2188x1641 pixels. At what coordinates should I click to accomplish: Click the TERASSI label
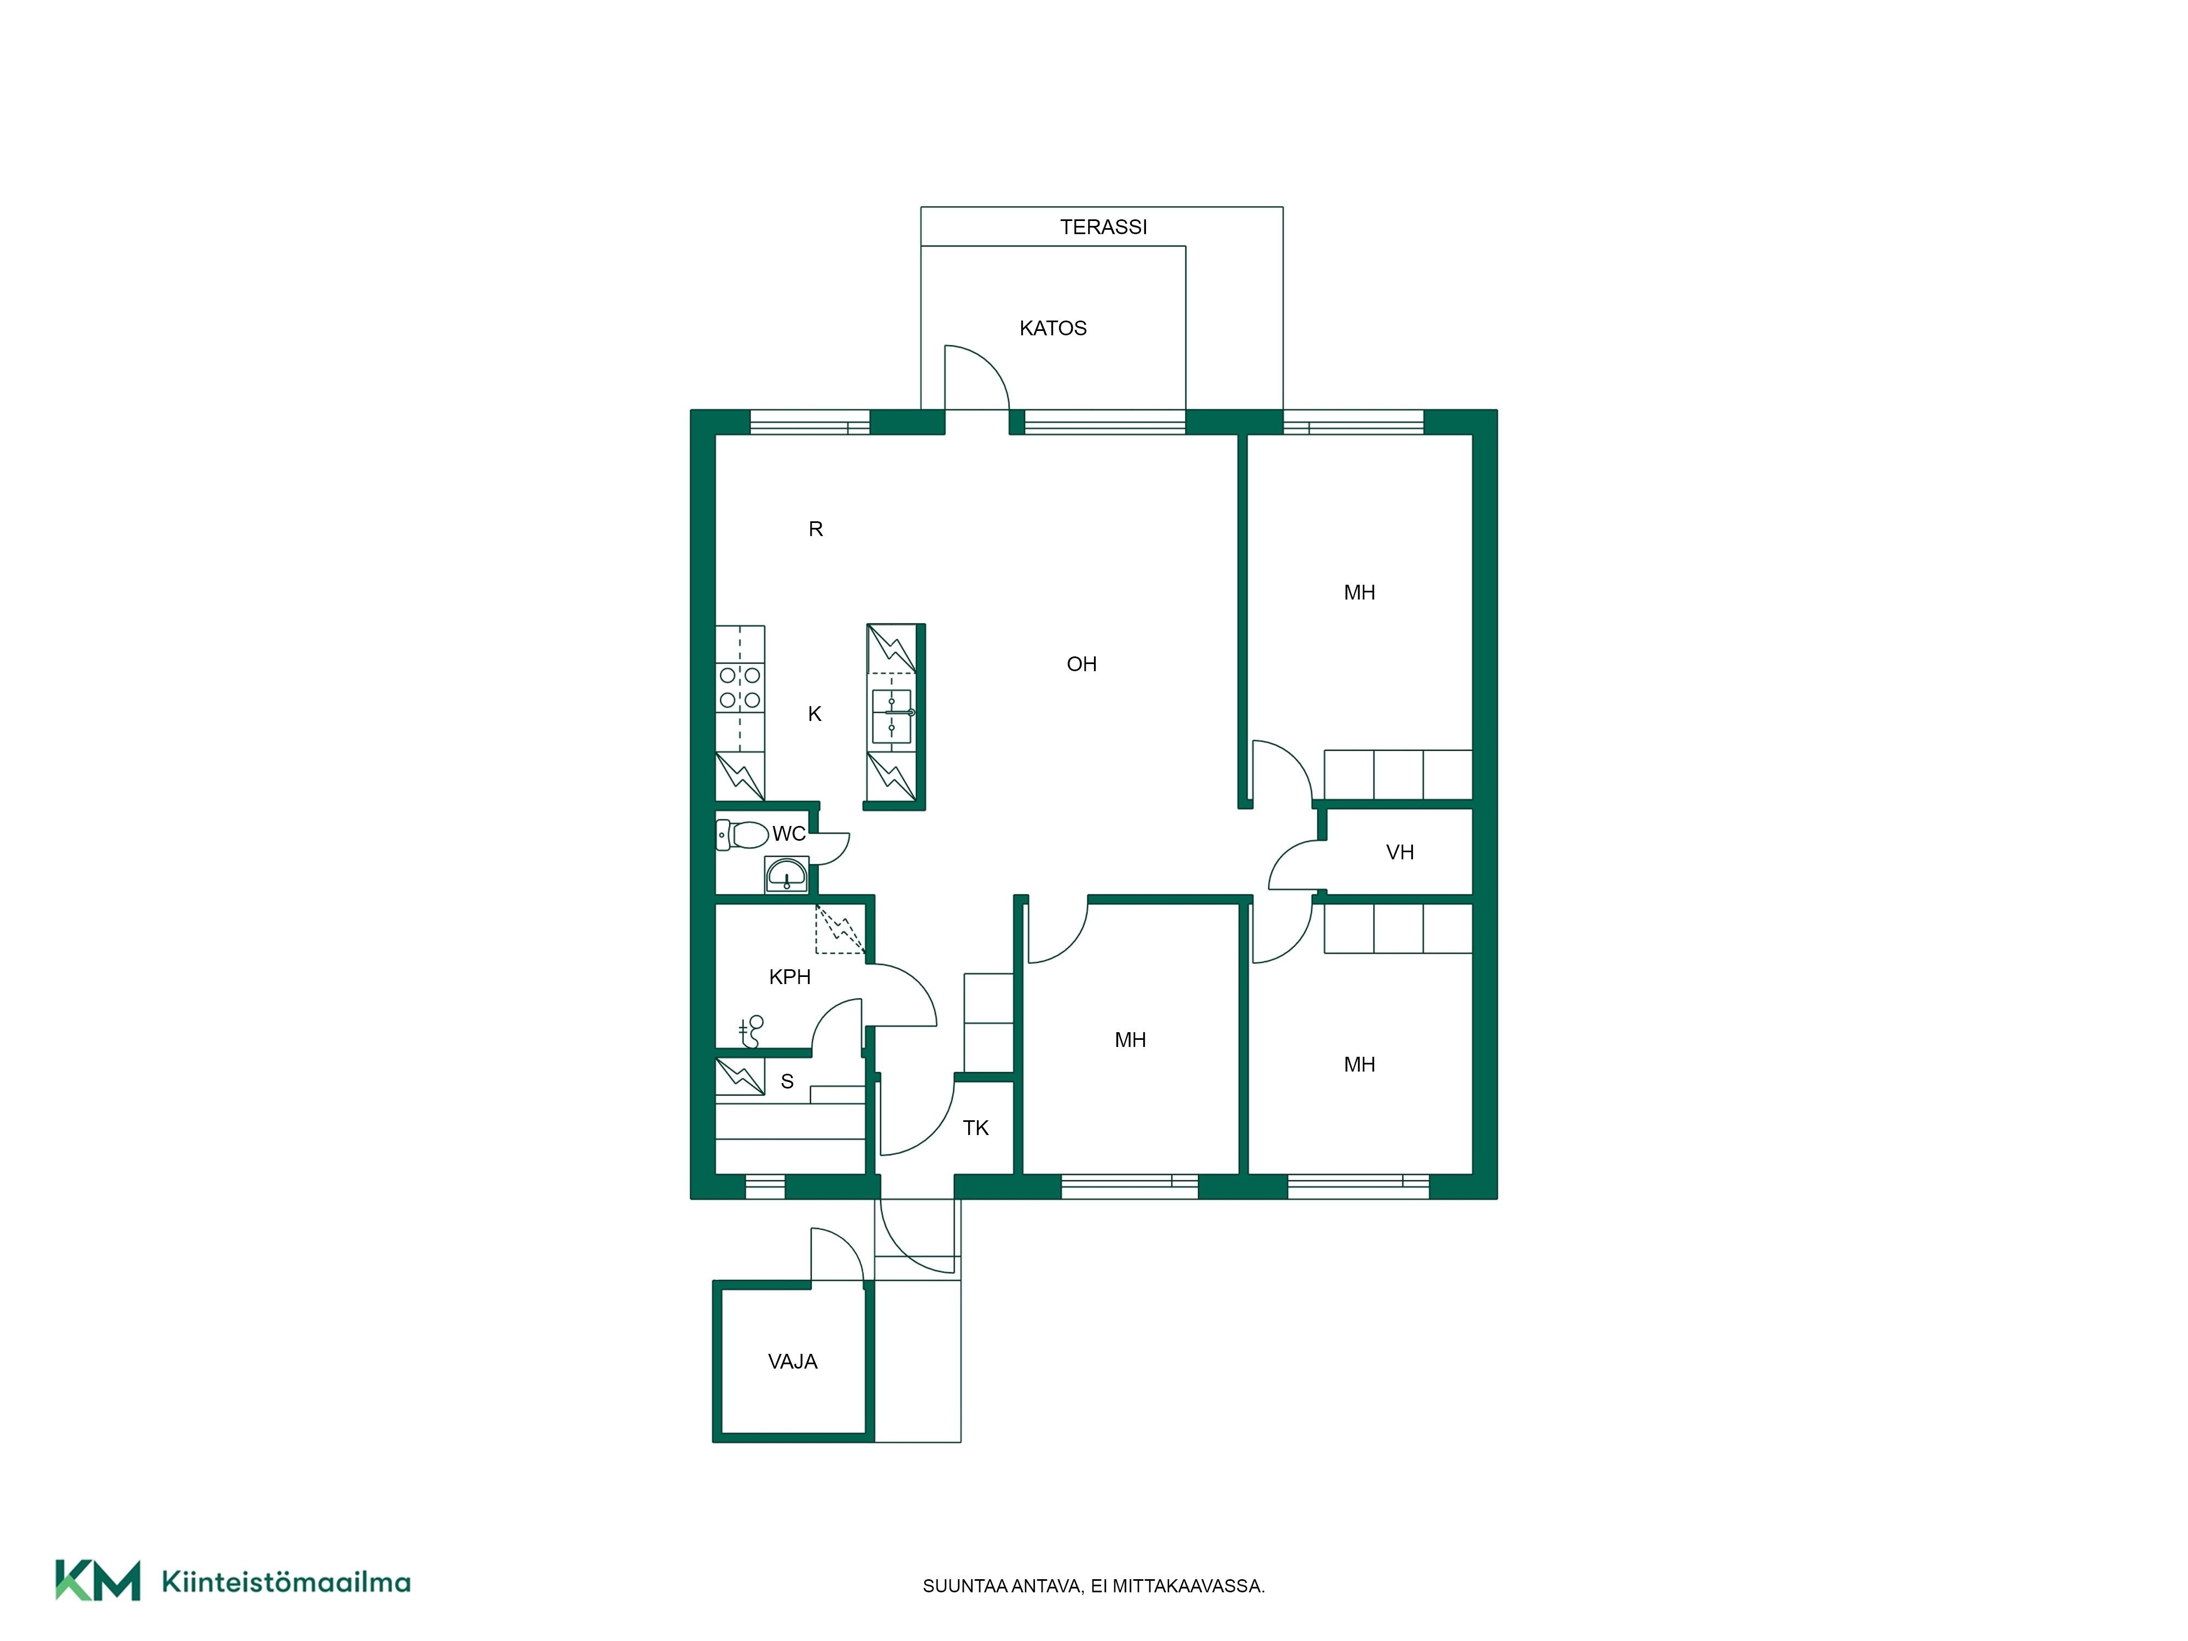coord(1103,226)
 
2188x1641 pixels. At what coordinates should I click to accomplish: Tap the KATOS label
coord(1052,328)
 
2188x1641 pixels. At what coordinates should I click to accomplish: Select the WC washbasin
coord(787,875)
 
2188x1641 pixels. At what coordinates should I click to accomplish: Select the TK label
coord(975,1127)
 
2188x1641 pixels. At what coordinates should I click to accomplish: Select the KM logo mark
coord(97,1581)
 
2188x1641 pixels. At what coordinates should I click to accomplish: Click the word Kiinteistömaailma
coord(286,1582)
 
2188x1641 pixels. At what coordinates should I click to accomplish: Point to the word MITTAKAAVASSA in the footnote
coord(1189,1587)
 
